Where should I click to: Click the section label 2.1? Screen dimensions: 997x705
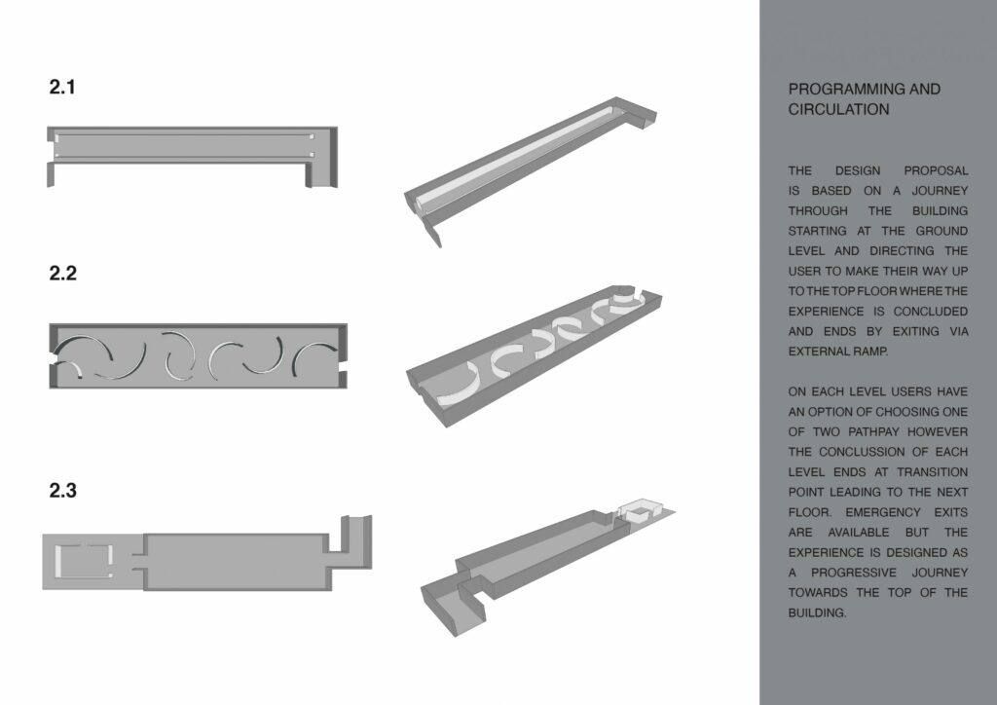(62, 87)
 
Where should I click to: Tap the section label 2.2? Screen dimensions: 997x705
(63, 274)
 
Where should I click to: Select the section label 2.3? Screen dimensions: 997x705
(63, 491)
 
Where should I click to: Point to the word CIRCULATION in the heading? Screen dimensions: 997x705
(838, 109)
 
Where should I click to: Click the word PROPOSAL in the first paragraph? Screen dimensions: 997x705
(936, 171)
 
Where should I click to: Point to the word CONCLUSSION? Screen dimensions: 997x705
(862, 453)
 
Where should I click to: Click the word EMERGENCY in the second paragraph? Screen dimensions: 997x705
(883, 513)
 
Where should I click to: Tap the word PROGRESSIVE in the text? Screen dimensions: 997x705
(853, 574)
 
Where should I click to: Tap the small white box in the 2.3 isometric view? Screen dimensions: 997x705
(641, 510)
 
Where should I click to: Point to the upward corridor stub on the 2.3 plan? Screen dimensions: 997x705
(356, 541)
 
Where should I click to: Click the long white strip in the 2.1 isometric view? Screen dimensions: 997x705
(515, 158)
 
